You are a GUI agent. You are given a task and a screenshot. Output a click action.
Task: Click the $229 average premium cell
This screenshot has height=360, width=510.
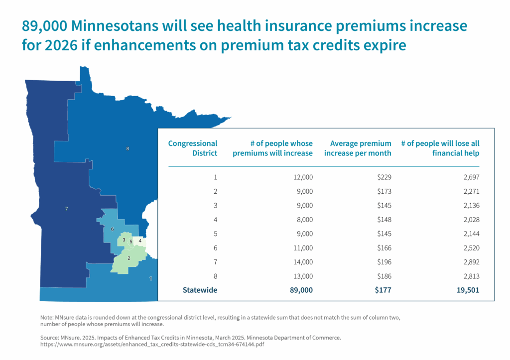point(384,177)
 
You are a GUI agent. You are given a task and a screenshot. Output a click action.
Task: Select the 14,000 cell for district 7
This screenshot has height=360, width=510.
point(303,262)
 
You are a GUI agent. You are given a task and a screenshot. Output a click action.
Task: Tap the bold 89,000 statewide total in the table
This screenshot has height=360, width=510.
point(301,290)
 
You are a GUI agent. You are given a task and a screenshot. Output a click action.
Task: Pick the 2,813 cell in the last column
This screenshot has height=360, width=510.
point(471,276)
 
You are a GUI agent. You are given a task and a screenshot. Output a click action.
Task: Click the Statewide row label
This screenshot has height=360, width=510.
point(200,290)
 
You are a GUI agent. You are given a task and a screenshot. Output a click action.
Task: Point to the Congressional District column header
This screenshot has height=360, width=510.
point(193,148)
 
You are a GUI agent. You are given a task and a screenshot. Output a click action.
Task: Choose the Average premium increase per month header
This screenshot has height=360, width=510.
point(358,148)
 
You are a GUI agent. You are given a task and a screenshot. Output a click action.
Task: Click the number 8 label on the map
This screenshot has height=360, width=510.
point(127,148)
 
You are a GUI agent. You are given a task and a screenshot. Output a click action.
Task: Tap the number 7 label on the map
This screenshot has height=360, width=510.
point(67,209)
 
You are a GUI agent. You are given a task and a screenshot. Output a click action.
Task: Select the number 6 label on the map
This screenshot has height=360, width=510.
point(112,229)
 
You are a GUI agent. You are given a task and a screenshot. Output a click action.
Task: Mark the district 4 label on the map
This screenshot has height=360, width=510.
point(140,241)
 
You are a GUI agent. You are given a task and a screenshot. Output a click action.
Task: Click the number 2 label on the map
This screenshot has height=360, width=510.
point(129,258)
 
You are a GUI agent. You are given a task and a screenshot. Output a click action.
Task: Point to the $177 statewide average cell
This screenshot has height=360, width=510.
point(383,290)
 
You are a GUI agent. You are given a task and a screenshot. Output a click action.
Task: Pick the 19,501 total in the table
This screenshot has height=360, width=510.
point(468,290)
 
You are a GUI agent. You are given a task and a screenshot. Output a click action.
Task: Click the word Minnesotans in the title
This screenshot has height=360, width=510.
point(118,26)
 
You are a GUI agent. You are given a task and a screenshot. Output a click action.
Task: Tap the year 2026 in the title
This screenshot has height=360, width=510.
point(61,45)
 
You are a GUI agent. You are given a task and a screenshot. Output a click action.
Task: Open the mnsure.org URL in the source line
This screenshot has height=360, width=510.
point(152,345)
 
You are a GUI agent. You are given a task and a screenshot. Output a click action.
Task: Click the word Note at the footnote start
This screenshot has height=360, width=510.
point(46,317)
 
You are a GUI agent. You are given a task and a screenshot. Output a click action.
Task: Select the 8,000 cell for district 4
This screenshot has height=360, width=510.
point(305,220)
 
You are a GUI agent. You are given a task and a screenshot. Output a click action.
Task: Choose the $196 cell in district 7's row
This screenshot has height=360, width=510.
point(384,262)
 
